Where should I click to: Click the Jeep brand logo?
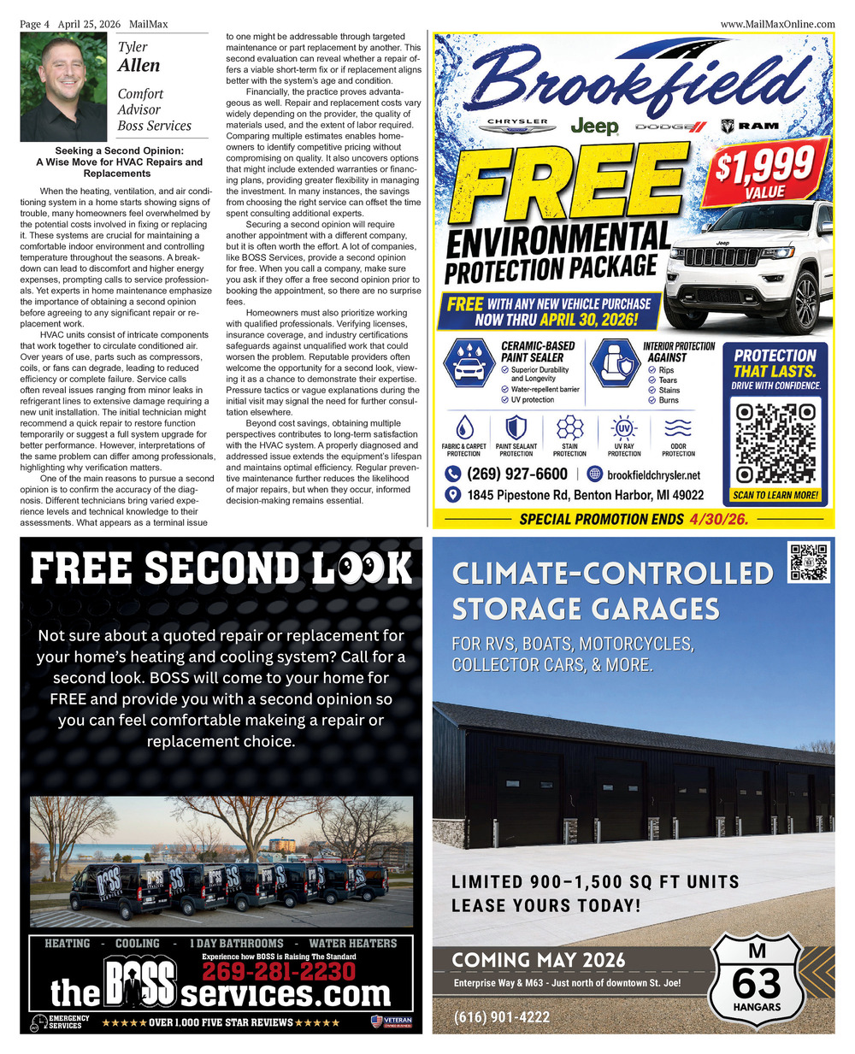pos(594,127)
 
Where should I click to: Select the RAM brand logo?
pos(750,126)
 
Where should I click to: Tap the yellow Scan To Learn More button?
pos(775,495)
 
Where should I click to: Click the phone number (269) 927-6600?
pos(516,474)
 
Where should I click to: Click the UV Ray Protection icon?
pos(623,428)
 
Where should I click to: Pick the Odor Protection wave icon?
pos(678,428)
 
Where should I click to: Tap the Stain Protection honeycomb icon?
pos(569,428)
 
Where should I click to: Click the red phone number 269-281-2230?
pos(279,972)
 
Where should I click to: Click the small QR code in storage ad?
pos(808,562)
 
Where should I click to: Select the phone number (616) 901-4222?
pos(502,1017)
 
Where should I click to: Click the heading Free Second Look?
pos(221,568)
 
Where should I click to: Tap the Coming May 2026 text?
pos(539,960)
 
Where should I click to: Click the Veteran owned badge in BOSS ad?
pos(392,1022)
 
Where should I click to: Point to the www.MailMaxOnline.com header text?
pos(777,24)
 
